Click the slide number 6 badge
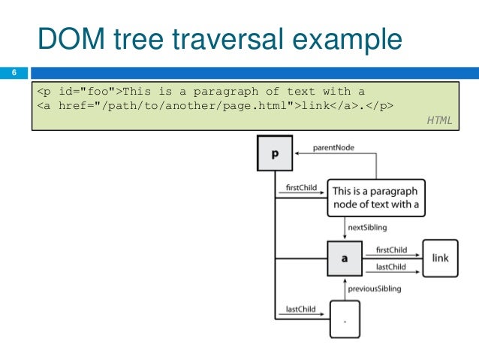point(14,73)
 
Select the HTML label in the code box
point(439,119)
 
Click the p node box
point(274,154)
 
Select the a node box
point(345,258)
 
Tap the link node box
point(440,258)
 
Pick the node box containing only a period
point(345,321)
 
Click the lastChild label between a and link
point(390,266)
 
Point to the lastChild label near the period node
point(300,309)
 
